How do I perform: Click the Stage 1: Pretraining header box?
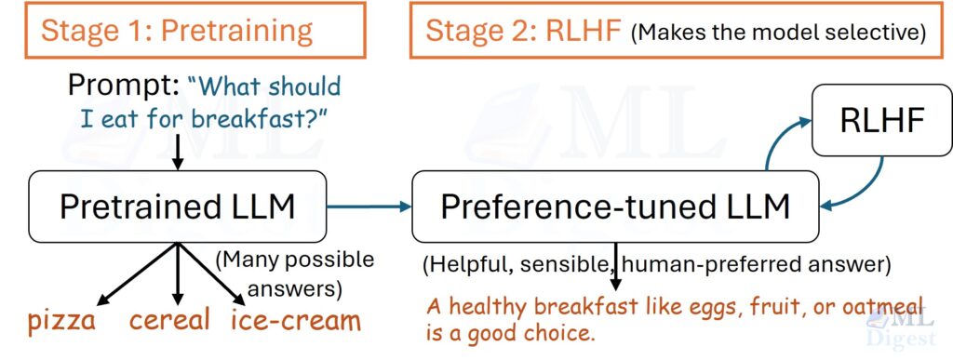coord(177,30)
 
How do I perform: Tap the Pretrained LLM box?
coord(177,207)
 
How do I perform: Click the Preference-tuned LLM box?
coord(615,207)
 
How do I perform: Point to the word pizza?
coord(61,322)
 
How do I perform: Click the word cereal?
coord(169,322)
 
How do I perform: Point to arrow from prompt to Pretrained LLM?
coord(177,151)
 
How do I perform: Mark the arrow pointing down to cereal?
coord(176,274)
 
